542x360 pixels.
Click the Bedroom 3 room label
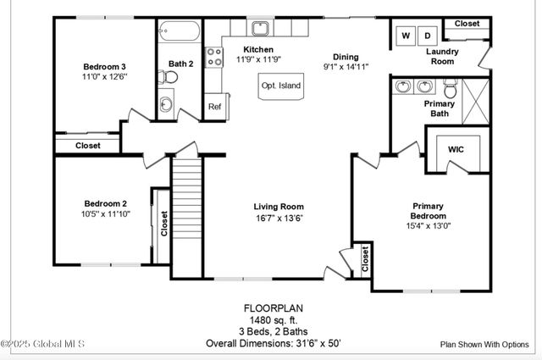105,66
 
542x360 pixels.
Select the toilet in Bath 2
170,77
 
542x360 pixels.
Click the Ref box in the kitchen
214,107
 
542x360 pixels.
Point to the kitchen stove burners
214,58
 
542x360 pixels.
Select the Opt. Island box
280,86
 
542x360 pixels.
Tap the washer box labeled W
405,36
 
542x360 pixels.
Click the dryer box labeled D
428,36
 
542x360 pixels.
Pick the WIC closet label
456,149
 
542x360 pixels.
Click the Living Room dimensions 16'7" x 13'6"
279,218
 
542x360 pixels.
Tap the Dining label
345,56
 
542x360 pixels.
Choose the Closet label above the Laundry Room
466,24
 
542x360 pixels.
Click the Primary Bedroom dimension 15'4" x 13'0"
429,225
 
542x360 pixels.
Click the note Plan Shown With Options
483,345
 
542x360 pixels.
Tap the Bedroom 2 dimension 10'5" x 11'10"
105,213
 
